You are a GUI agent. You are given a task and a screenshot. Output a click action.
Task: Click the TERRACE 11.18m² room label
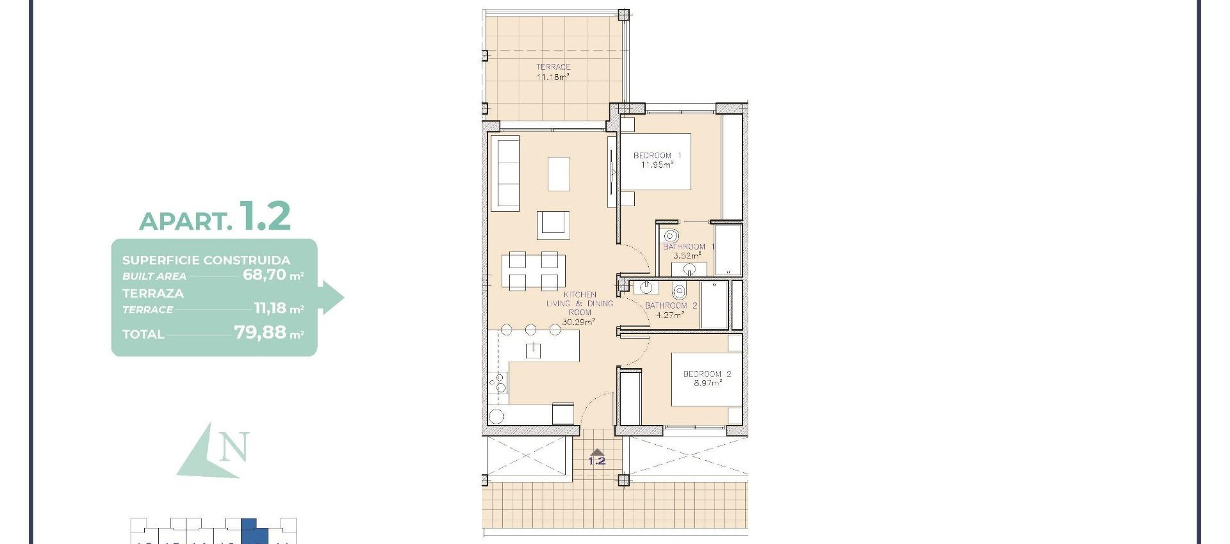tap(553, 72)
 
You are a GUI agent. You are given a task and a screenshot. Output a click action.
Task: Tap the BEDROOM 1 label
tap(657, 156)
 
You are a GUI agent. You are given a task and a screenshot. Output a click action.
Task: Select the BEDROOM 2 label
tap(707, 374)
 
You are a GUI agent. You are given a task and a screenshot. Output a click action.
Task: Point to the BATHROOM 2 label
tap(670, 306)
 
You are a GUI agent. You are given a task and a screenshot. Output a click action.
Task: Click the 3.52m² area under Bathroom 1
tap(687, 255)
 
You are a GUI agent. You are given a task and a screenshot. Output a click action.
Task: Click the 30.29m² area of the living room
tap(578, 322)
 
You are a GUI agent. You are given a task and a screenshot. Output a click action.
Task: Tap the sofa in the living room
tap(505, 173)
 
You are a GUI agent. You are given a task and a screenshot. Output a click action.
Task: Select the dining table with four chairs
tap(533, 271)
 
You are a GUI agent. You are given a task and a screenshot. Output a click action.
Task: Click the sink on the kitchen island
tap(533, 349)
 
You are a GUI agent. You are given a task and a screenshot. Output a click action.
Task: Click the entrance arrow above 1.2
tap(597, 452)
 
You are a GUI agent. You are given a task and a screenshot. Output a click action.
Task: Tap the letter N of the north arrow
tap(234, 447)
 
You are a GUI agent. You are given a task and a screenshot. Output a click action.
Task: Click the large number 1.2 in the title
tap(265, 216)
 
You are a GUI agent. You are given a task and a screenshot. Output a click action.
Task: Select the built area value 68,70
tap(264, 275)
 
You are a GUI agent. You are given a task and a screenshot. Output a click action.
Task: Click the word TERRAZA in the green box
tap(152, 293)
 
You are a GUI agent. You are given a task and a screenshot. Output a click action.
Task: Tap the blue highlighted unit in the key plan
tap(250, 531)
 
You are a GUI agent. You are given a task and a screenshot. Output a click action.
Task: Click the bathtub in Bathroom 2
tap(714, 305)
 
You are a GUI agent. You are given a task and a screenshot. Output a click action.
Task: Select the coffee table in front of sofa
tap(559, 174)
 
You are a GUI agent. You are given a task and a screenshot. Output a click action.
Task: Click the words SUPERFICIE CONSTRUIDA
tap(206, 260)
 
